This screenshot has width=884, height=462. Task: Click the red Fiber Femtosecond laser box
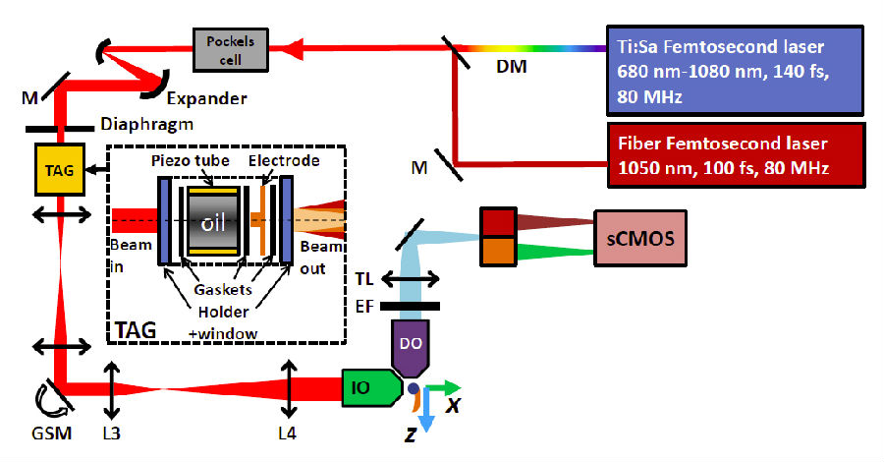(733, 153)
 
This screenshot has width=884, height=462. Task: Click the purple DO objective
(412, 345)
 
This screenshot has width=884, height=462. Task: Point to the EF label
(367, 308)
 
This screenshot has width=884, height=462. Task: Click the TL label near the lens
(367, 280)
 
